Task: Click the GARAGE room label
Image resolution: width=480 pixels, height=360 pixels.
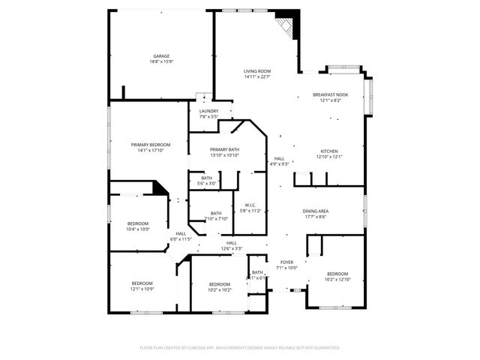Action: [x=161, y=56]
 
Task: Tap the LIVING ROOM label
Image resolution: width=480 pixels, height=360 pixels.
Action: [x=257, y=71]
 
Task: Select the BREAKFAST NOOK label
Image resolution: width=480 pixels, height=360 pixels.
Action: [x=331, y=94]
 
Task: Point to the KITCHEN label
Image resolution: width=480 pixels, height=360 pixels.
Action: [x=331, y=151]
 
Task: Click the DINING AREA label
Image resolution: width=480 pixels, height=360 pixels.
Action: [x=314, y=211]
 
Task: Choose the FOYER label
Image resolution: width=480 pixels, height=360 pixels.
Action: [x=286, y=262]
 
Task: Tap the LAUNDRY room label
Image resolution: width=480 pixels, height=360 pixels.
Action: [x=208, y=111]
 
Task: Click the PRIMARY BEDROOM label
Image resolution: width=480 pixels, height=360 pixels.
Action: [x=150, y=144]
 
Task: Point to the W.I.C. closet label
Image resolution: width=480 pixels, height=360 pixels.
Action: [x=250, y=205]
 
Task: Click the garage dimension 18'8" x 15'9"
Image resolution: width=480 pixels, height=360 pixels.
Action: [x=161, y=61]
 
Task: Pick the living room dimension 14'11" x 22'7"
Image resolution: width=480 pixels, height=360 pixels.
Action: [x=257, y=76]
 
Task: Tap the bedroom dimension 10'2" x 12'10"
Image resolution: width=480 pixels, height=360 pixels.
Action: [x=337, y=279]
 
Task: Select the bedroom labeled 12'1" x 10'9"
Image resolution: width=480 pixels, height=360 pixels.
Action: [x=142, y=289]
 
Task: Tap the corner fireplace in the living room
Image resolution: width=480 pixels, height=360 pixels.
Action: [x=287, y=27]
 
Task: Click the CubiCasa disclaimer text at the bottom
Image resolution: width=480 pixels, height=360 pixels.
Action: [x=240, y=348]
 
